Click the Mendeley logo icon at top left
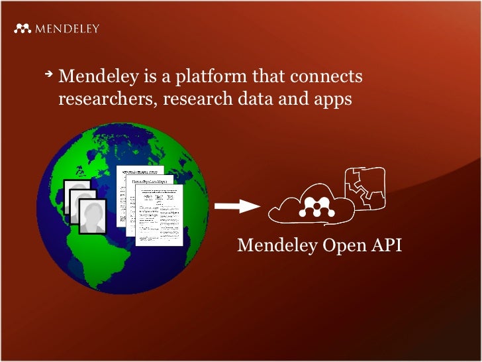click(23, 29)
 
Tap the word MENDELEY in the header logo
click(67, 29)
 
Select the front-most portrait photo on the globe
click(93, 216)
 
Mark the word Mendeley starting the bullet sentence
click(98, 78)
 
